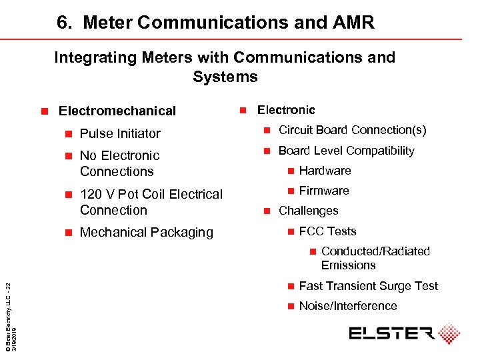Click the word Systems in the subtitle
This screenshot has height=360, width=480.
pyautogui.click(x=225, y=77)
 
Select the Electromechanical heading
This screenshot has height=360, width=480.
pyautogui.click(x=117, y=111)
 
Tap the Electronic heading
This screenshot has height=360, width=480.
pyautogui.click(x=286, y=110)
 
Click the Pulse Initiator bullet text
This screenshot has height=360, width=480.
pyautogui.click(x=120, y=133)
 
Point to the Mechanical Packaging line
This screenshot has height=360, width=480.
pyautogui.click(x=146, y=232)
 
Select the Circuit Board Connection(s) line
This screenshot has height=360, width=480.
pyautogui.click(x=352, y=130)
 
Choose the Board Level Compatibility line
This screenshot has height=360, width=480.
pyautogui.click(x=346, y=151)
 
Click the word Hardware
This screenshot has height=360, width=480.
pyautogui.click(x=325, y=171)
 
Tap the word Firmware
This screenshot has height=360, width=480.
pyautogui.click(x=324, y=191)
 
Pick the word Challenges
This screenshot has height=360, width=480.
pyautogui.click(x=308, y=211)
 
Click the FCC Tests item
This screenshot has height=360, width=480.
pyautogui.click(x=327, y=231)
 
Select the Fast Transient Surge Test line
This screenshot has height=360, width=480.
pyautogui.click(x=368, y=286)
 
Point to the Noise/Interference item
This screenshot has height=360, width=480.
pyautogui.click(x=347, y=306)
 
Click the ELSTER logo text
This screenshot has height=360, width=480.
pyautogui.click(x=391, y=333)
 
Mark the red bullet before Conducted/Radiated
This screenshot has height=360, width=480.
pyautogui.click(x=311, y=251)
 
